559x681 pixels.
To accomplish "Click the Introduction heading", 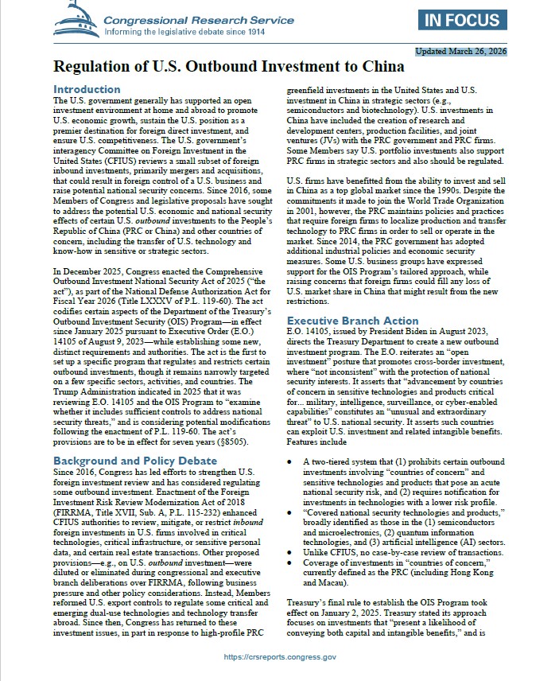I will [x=86, y=89].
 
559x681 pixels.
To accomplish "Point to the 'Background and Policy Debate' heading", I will [x=134, y=461].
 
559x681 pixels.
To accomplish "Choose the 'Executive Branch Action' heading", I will [x=352, y=321].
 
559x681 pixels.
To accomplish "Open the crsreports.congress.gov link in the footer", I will [x=281, y=657].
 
